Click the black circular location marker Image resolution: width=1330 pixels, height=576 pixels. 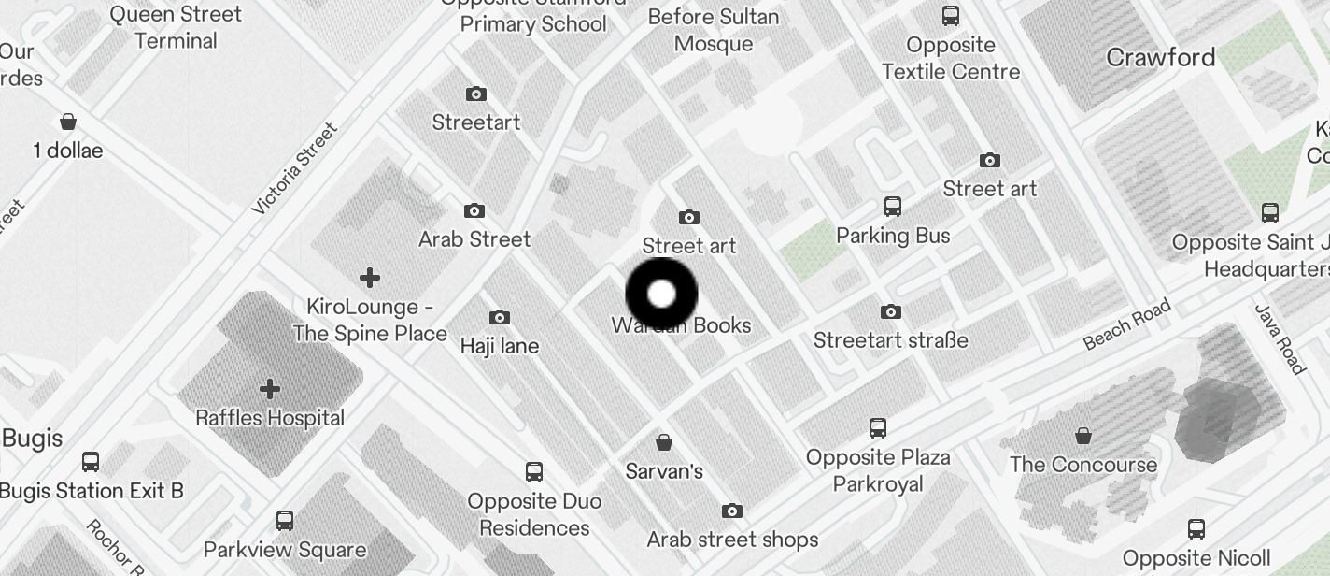[x=661, y=294]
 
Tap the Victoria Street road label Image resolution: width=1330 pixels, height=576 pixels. [x=293, y=168]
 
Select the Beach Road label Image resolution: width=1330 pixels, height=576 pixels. [x=1126, y=324]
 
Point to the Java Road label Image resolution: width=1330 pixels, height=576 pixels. [x=1279, y=338]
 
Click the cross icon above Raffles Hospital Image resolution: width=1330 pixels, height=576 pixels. [x=270, y=388]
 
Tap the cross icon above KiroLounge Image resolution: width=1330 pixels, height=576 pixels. [x=370, y=278]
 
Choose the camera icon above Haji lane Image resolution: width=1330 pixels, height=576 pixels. [x=500, y=318]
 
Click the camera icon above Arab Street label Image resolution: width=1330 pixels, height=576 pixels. [x=474, y=211]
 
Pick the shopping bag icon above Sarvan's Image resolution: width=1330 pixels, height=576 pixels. [x=664, y=441]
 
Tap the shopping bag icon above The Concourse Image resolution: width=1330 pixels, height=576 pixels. [x=1083, y=436]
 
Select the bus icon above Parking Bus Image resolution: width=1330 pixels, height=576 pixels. [x=893, y=207]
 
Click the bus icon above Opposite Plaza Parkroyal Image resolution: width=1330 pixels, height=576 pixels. [x=878, y=428]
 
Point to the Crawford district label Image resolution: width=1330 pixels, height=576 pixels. [x=1160, y=58]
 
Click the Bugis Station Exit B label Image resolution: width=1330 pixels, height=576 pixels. [x=92, y=490]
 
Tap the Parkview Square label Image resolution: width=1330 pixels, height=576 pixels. [x=285, y=549]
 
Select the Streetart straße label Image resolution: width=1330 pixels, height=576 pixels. [x=890, y=340]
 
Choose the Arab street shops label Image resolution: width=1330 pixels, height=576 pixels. [x=732, y=540]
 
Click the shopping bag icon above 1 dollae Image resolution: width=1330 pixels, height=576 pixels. [x=68, y=122]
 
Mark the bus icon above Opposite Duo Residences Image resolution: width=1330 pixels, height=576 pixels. [x=534, y=472]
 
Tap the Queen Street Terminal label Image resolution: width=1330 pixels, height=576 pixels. [x=176, y=27]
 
